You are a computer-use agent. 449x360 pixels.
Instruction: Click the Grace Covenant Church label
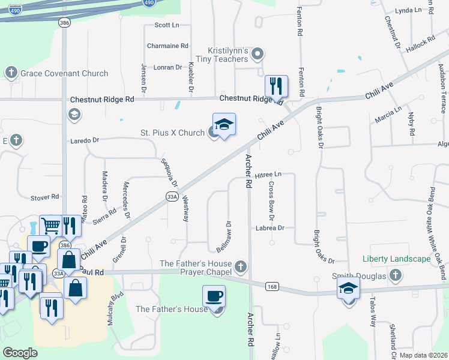(x=64, y=74)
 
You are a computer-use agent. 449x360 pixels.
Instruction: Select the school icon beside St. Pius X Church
(x=224, y=125)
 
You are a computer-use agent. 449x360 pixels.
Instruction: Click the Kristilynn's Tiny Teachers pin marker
(x=258, y=55)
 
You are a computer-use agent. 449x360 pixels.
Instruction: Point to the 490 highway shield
(x=148, y=3)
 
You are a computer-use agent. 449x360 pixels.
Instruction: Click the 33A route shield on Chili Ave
(x=172, y=196)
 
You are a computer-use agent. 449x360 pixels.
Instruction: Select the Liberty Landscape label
(x=396, y=259)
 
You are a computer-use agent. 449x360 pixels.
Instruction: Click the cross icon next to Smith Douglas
(x=395, y=275)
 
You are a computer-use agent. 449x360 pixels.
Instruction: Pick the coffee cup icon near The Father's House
(x=214, y=296)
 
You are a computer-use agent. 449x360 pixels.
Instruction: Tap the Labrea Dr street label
(x=269, y=228)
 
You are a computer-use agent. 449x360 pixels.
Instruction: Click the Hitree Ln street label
(x=268, y=175)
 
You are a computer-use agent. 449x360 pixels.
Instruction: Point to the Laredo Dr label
(x=84, y=140)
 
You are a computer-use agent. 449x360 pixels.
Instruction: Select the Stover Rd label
(x=46, y=197)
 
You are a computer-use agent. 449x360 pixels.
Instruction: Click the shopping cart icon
(x=51, y=226)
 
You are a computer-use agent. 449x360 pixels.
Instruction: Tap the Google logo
(x=20, y=353)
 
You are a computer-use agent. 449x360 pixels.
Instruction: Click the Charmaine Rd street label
(x=168, y=46)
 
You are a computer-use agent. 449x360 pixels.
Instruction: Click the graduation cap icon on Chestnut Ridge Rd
(x=74, y=114)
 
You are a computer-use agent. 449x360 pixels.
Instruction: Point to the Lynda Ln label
(x=409, y=11)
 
